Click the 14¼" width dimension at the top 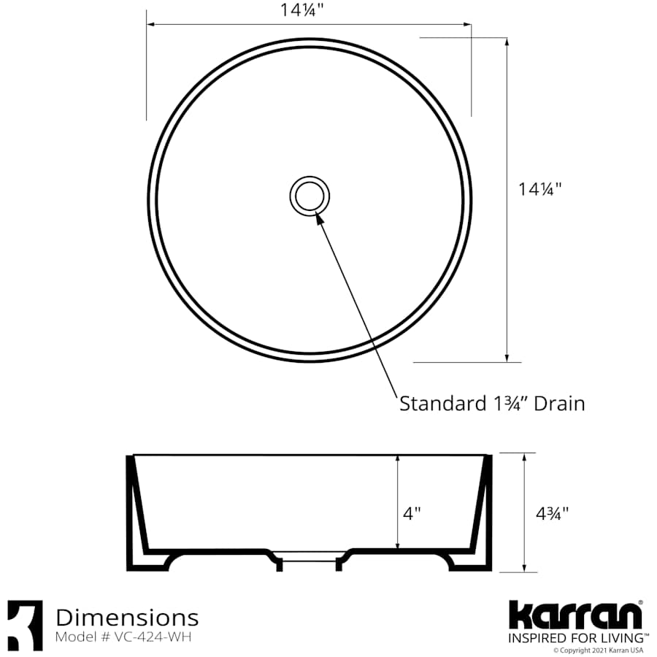310,10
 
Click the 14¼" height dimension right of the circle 539,189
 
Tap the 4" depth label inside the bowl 412,514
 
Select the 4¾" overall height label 552,513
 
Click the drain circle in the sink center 310,196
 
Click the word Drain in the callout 559,403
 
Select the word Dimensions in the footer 127,618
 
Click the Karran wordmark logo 575,615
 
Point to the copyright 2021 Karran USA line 598,650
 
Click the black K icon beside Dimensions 25,625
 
